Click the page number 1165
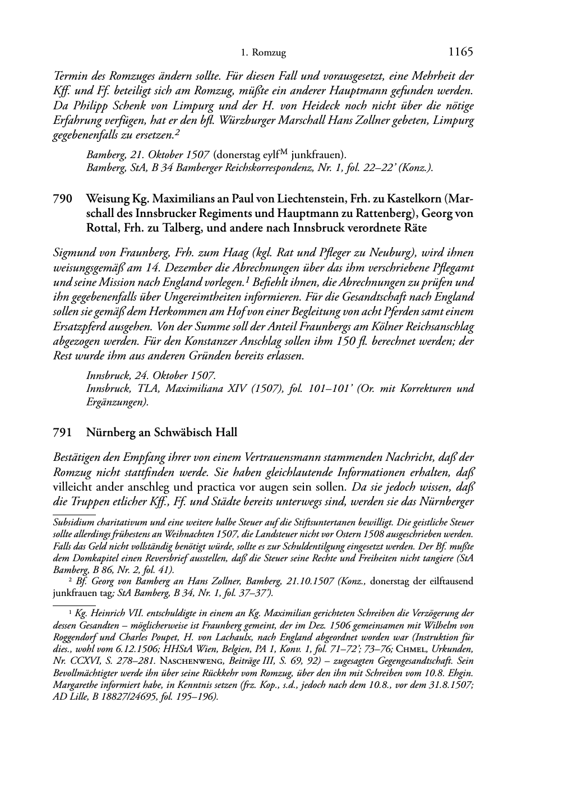(x=461, y=52)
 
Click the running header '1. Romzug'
(x=263, y=53)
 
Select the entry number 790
(x=61, y=199)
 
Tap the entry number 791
(x=61, y=432)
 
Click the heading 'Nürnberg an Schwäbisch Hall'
(x=161, y=432)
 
